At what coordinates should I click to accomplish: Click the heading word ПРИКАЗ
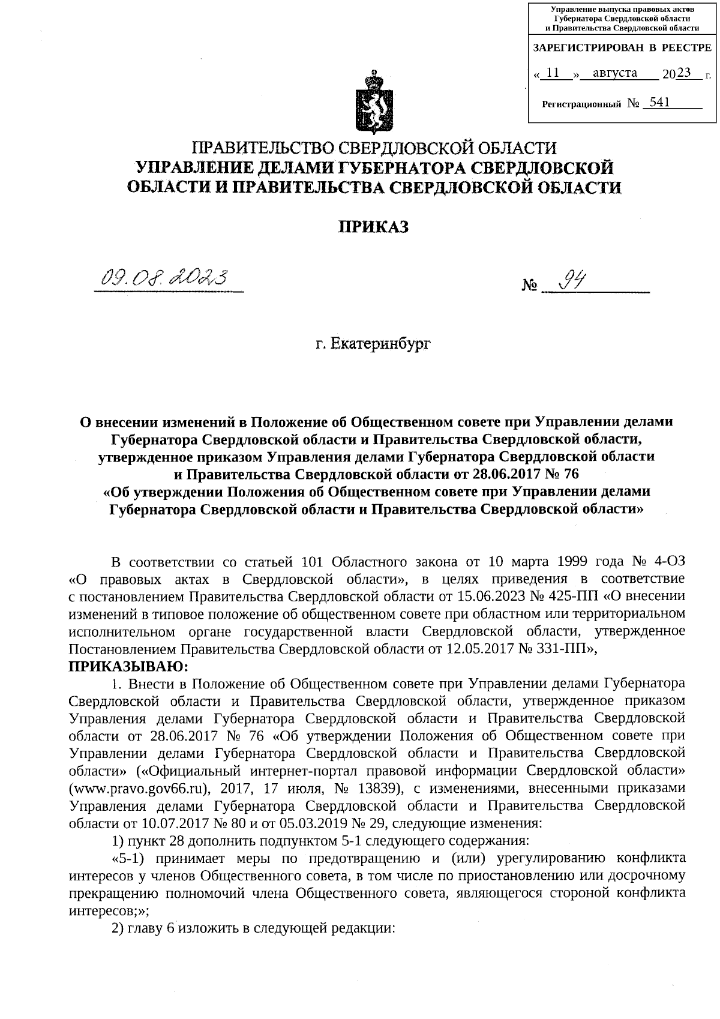click(373, 227)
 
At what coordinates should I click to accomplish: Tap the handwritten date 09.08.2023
click(167, 278)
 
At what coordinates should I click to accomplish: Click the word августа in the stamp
click(614, 73)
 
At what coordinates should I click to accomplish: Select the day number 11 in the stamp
click(554, 73)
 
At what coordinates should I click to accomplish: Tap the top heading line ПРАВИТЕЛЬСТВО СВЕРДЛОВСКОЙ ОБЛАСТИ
click(373, 147)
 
